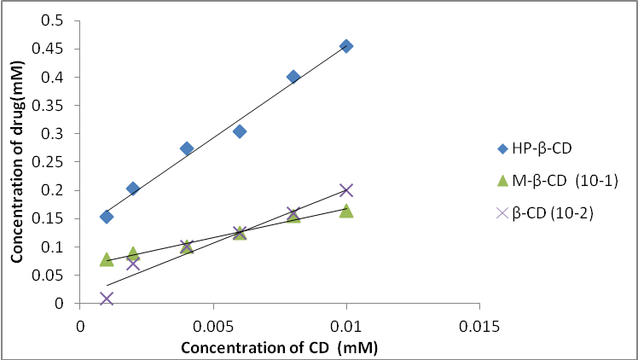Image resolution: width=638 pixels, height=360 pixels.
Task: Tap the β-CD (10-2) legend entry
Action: (x=546, y=213)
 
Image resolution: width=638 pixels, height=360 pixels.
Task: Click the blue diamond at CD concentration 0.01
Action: (x=346, y=46)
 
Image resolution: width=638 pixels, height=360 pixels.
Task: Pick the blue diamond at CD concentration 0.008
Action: (x=293, y=77)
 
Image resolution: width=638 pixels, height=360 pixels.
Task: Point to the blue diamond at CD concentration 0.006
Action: (x=240, y=131)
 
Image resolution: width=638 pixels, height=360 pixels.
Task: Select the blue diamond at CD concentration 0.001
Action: (x=107, y=217)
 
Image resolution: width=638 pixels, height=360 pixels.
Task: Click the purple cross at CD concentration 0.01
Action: (x=346, y=190)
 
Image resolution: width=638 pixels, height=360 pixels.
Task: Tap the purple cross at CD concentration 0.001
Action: (x=107, y=299)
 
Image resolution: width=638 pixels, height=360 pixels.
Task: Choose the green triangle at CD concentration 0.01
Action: (x=346, y=211)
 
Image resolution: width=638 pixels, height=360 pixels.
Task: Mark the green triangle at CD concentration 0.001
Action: (x=107, y=259)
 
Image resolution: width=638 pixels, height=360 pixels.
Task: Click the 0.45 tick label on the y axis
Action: (x=55, y=49)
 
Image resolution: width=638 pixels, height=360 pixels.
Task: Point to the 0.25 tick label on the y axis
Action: (x=55, y=162)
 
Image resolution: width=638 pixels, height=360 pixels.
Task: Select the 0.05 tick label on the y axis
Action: (x=55, y=276)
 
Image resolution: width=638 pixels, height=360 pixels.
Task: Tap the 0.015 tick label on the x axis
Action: (x=479, y=327)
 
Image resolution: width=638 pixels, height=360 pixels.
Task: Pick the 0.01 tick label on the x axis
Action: (x=346, y=327)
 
